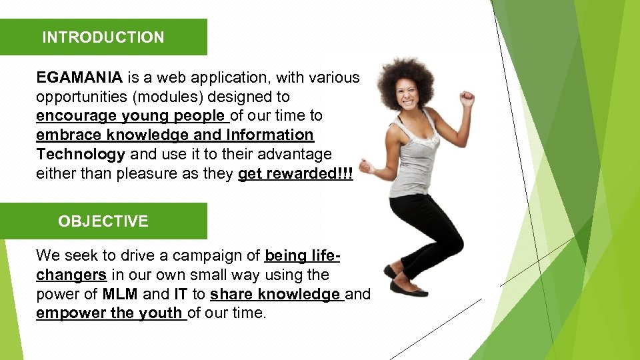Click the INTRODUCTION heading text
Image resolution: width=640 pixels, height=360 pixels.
tap(103, 37)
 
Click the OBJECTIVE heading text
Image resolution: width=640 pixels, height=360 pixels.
tap(103, 221)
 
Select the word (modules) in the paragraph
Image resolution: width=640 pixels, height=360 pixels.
tap(165, 97)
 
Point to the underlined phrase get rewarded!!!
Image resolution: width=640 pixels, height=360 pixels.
tap(295, 173)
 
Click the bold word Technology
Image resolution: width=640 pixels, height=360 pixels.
tap(81, 155)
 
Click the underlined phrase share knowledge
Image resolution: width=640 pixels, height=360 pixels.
tap(275, 294)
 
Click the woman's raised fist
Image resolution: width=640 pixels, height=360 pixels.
tap(467, 98)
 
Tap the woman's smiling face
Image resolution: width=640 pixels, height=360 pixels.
tap(407, 97)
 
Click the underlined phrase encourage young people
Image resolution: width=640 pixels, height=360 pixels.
tap(132, 115)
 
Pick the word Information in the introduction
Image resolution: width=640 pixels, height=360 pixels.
tap(270, 135)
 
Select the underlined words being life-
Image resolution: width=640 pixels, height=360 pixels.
tap(303, 255)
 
